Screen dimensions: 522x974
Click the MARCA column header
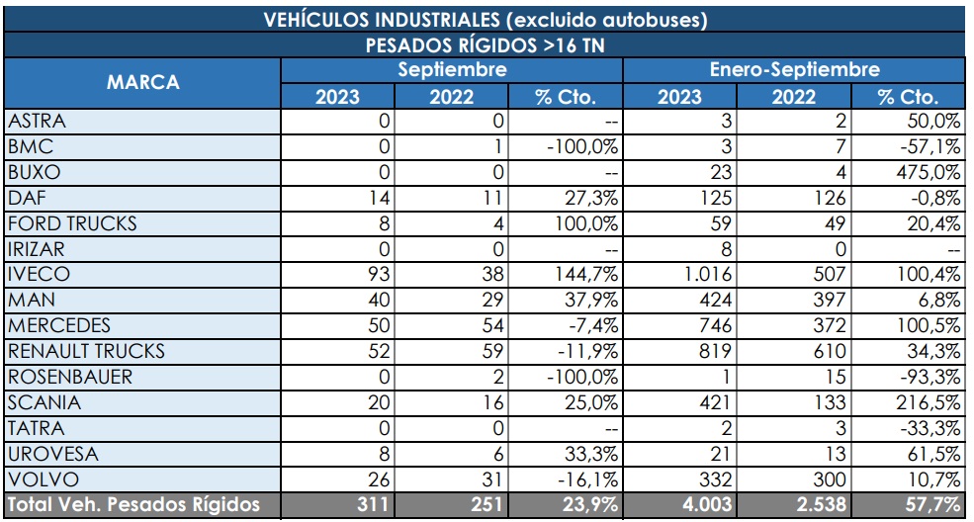(x=142, y=83)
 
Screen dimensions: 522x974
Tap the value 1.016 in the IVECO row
(x=708, y=274)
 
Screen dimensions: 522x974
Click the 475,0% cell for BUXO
(x=935, y=172)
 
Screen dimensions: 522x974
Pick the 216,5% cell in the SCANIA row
(x=935, y=402)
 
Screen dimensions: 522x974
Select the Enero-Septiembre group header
(x=794, y=70)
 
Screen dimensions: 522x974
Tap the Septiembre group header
(x=452, y=70)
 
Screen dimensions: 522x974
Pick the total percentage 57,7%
(x=933, y=505)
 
